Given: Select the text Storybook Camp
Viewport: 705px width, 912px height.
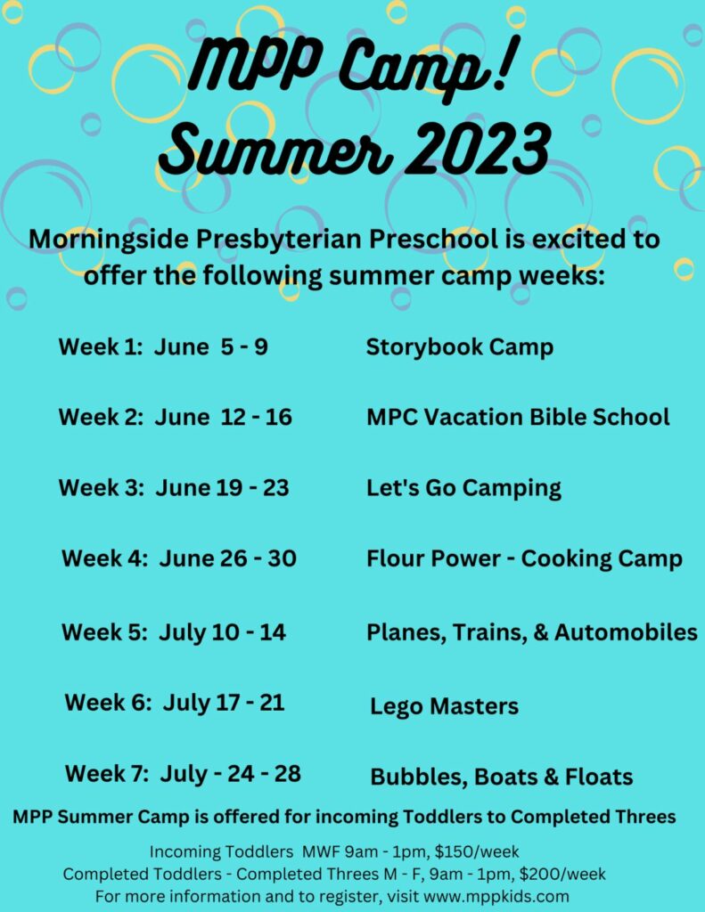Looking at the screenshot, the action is pos(459,347).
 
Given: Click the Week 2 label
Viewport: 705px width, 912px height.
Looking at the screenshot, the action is pos(101,417).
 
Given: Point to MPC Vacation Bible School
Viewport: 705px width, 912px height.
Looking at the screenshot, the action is pos(518,417).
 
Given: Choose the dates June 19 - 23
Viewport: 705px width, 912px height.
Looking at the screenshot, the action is pos(222,487).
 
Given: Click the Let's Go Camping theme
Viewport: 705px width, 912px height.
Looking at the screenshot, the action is pos(463,489).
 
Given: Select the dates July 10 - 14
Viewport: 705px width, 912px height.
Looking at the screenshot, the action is pos(222,632).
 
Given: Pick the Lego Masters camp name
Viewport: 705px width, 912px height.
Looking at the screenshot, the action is pos(444,706).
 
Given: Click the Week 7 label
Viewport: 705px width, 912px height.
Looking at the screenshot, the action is pos(107,774).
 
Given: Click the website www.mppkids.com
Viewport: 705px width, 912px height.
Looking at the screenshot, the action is pos(496,896).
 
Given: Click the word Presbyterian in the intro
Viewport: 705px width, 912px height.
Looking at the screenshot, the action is pos(280,240).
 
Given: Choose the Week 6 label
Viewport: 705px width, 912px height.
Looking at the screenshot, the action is pos(108,702).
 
